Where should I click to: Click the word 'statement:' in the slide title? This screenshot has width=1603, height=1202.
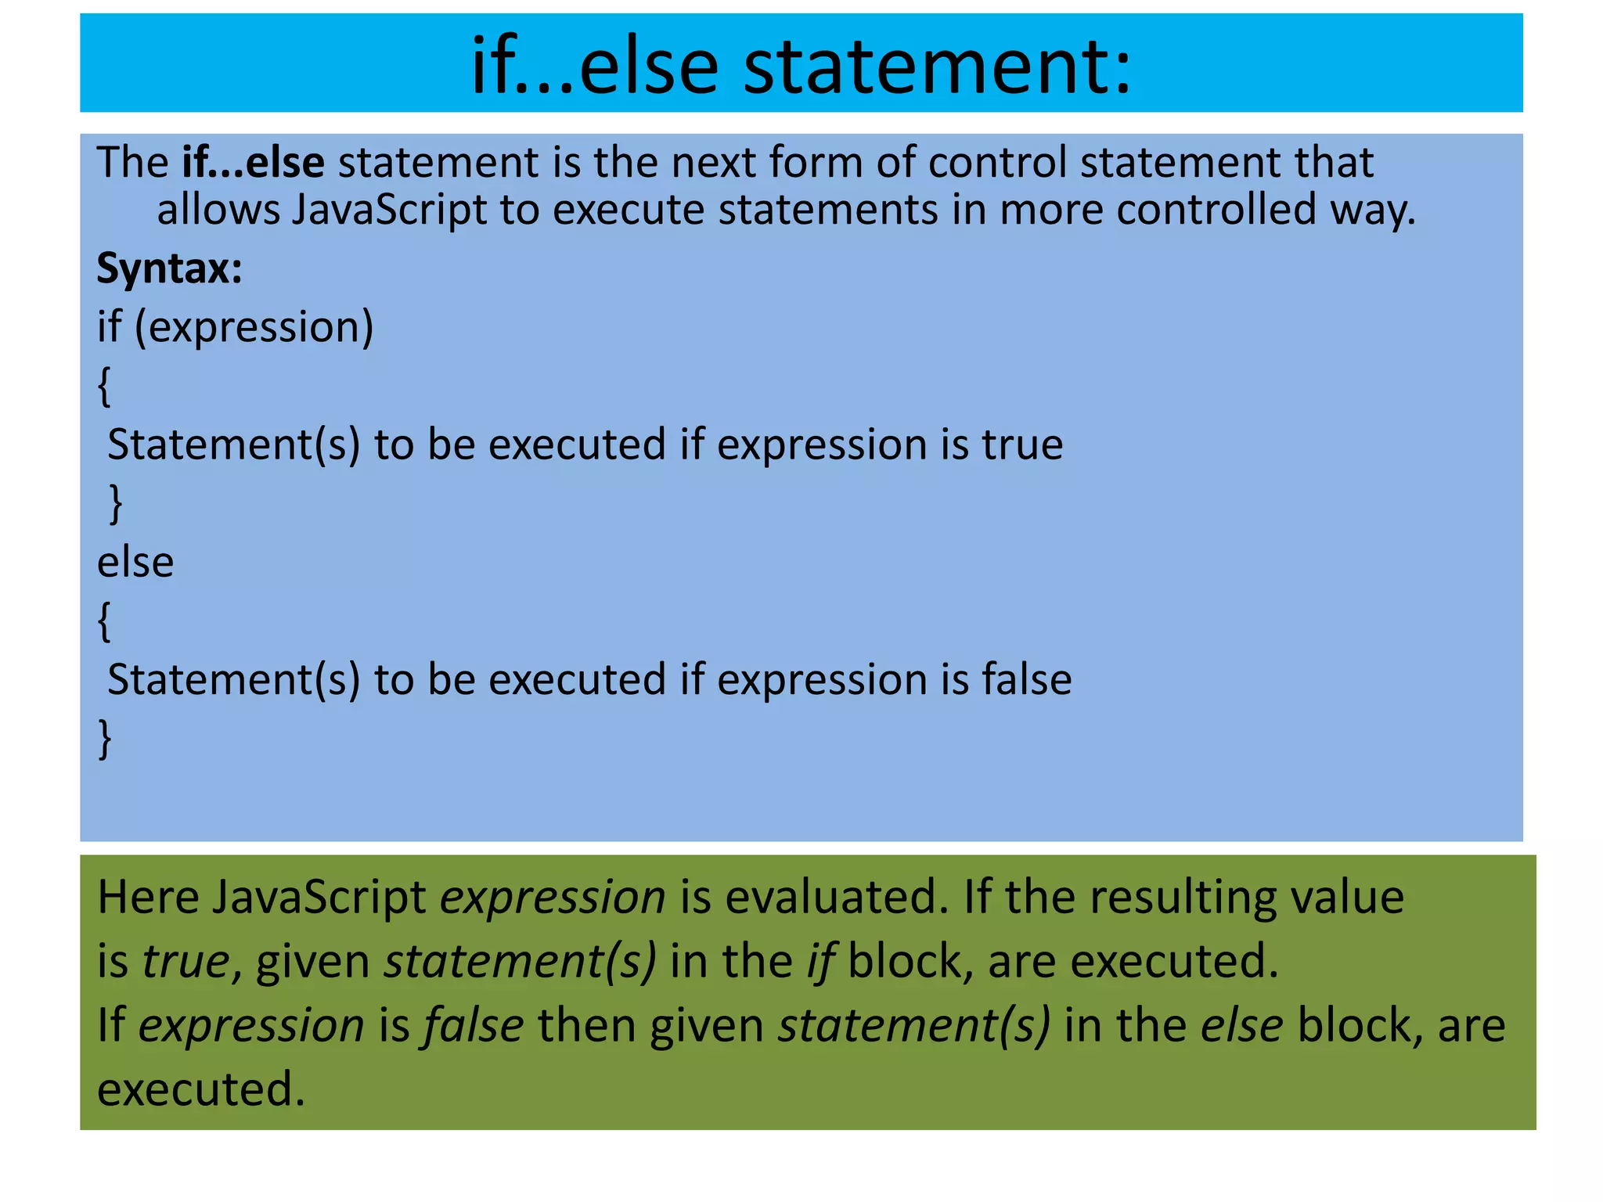pos(937,66)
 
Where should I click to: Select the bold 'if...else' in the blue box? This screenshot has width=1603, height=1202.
pos(253,163)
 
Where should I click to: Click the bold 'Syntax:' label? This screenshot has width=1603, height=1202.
pos(169,268)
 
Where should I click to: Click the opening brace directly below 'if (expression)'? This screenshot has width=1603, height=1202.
pos(104,387)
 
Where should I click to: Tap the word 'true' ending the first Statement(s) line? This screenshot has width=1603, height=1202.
pos(1023,444)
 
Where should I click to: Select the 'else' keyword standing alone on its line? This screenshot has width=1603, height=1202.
pos(135,563)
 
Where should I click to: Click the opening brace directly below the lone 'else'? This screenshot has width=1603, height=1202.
pos(104,621)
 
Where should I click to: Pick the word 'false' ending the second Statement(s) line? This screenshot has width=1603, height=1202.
pos(1027,679)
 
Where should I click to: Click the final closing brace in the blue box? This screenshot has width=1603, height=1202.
pos(104,739)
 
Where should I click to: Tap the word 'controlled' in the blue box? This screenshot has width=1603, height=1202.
pos(1216,211)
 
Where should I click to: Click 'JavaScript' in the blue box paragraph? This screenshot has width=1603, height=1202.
pos(389,211)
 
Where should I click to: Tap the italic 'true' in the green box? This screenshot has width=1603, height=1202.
pos(186,961)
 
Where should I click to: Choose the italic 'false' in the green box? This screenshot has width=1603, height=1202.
pos(473,1025)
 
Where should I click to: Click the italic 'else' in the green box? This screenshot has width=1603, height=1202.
pos(1241,1025)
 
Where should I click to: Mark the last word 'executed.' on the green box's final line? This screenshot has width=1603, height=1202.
pos(200,1089)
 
